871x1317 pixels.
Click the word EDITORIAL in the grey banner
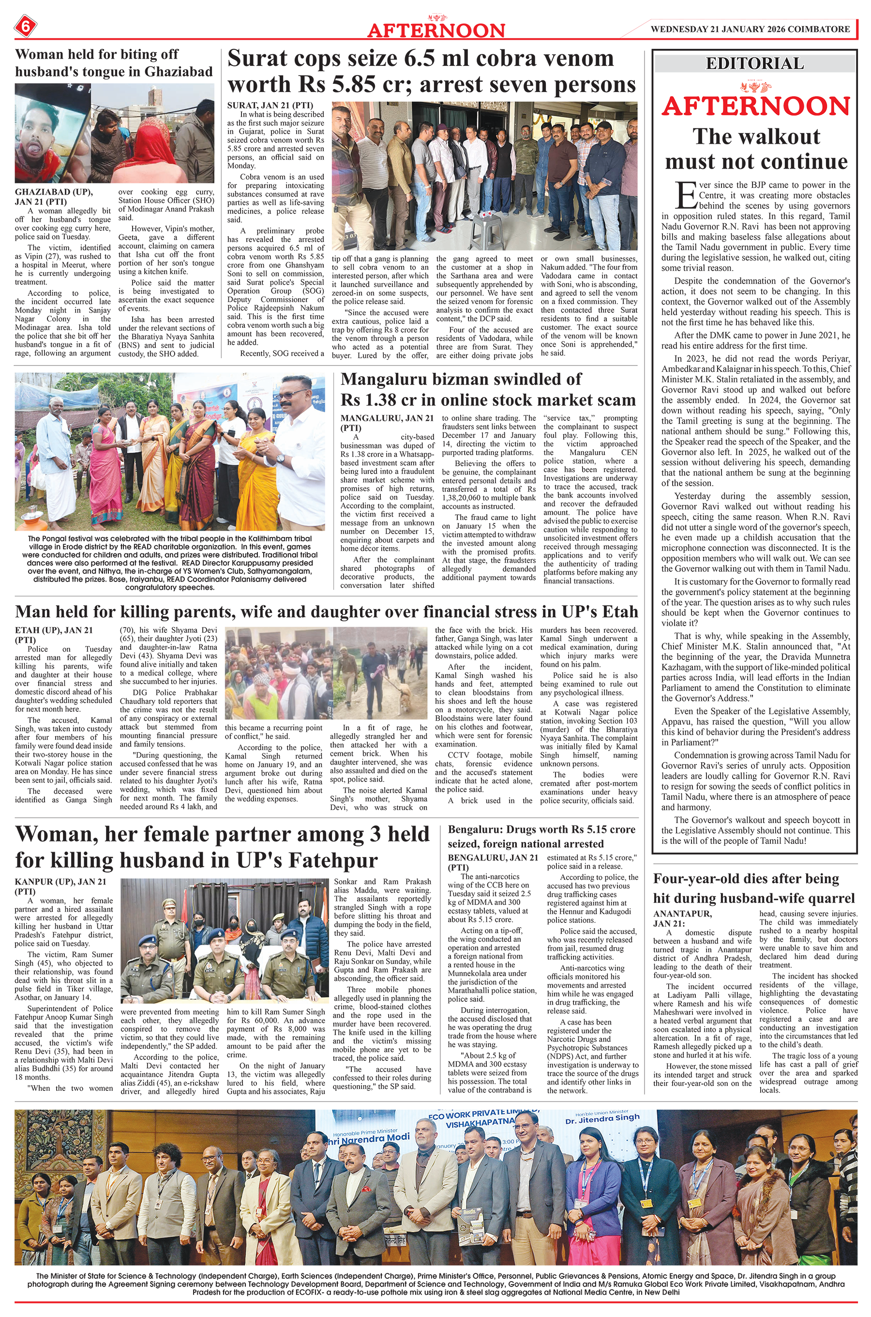tap(754, 63)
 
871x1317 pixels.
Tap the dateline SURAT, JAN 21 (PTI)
tap(270, 106)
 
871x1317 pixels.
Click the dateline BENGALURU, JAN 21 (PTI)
tap(492, 862)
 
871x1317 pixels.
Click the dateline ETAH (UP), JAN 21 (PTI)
tap(54, 635)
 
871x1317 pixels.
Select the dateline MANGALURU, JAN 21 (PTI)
tap(387, 422)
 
